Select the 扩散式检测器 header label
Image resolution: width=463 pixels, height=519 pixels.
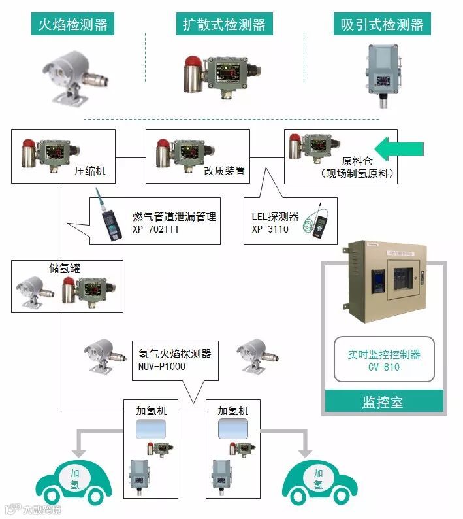[224, 25]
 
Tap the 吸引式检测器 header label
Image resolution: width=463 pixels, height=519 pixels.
[382, 25]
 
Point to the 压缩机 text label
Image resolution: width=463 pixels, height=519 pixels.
[89, 171]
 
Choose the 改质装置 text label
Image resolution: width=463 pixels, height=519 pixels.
[224, 171]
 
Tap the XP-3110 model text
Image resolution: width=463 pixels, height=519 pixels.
[270, 229]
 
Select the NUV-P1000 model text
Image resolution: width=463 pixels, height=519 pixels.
[162, 366]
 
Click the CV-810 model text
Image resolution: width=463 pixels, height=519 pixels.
[383, 367]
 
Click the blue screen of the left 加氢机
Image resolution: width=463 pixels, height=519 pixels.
[152, 430]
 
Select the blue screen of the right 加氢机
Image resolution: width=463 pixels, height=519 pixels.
[233, 430]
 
